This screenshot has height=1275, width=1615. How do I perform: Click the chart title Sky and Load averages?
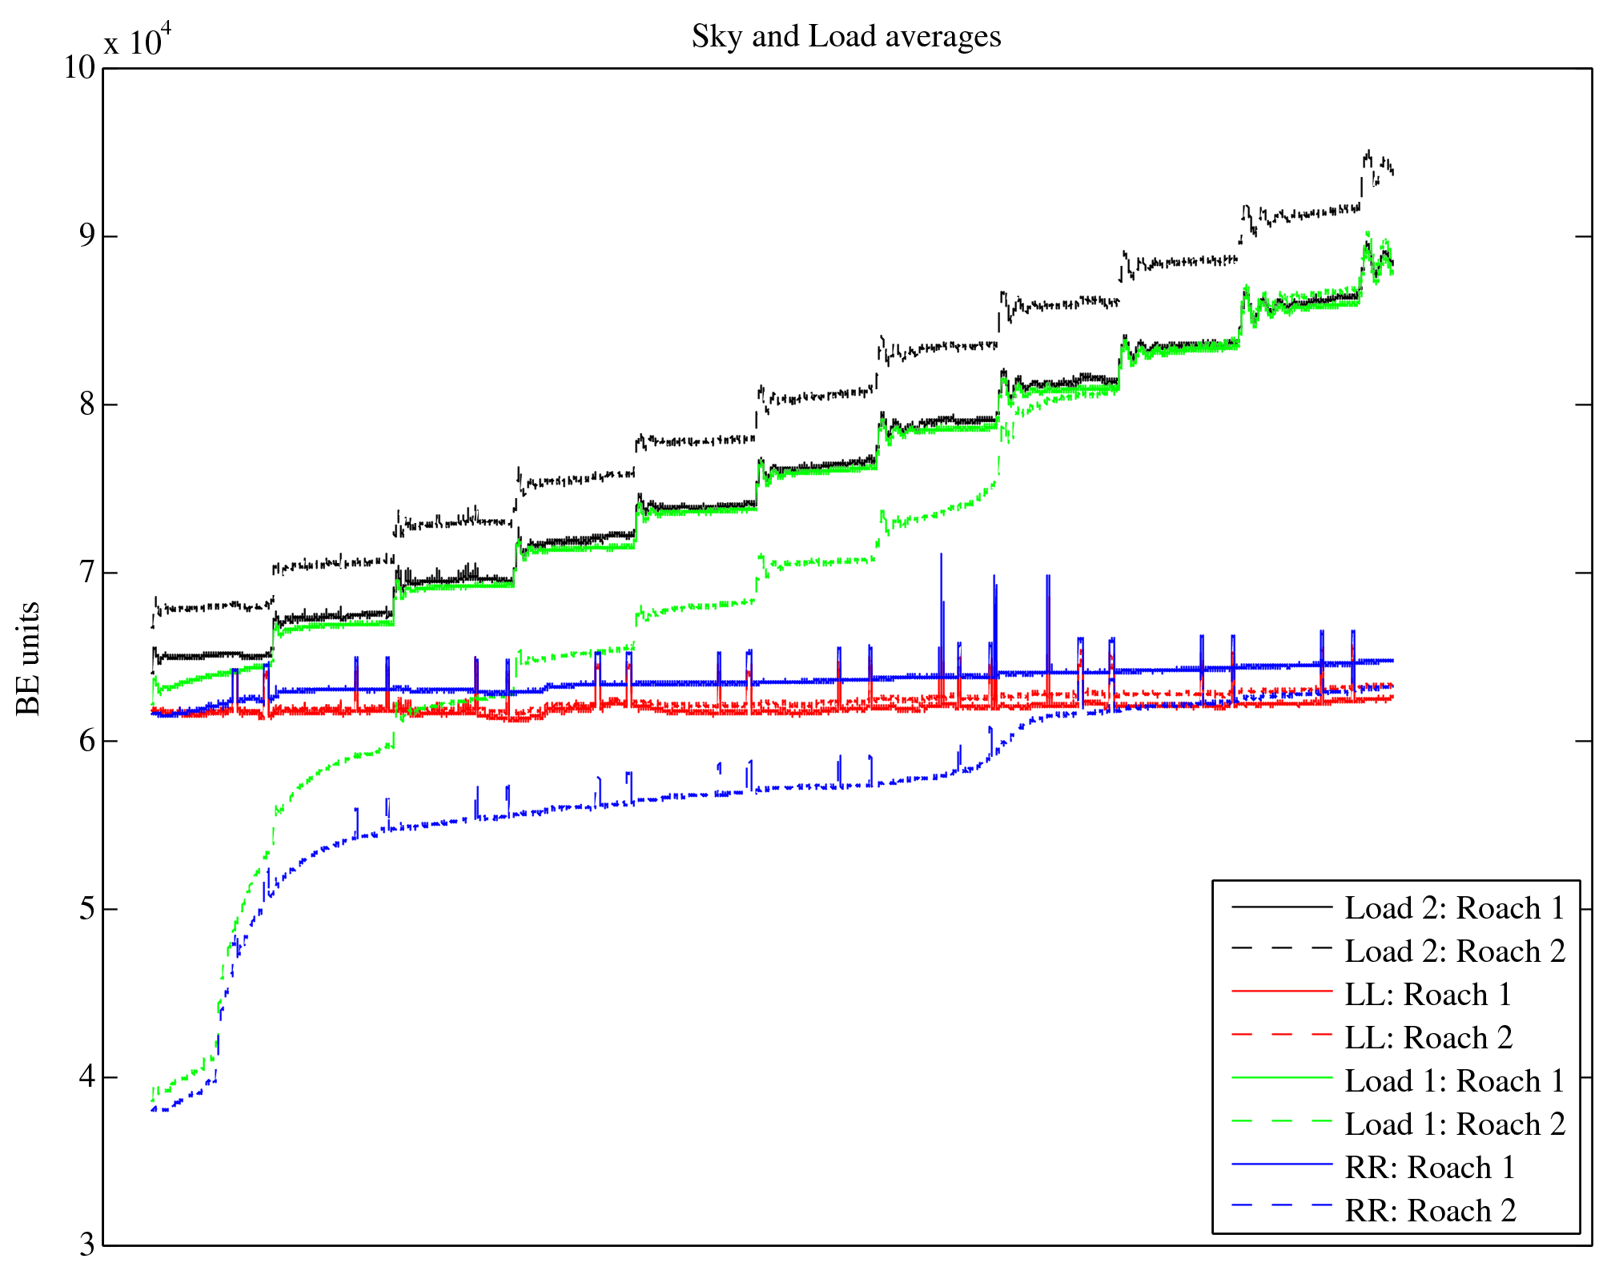pos(846,37)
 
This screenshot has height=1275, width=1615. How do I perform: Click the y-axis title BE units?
pos(28,658)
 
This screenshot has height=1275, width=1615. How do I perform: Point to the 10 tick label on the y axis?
pos(79,67)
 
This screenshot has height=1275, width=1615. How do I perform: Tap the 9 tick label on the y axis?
pos(86,235)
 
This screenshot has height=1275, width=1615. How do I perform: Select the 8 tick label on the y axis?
pos(86,404)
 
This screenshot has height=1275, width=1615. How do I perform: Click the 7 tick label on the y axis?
pos(86,572)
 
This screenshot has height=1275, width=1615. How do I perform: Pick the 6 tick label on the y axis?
pos(86,740)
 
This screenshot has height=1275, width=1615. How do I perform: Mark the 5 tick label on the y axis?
pos(86,908)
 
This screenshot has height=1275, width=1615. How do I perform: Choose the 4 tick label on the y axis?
pos(86,1076)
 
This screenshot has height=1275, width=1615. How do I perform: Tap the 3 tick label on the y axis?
pos(86,1244)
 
